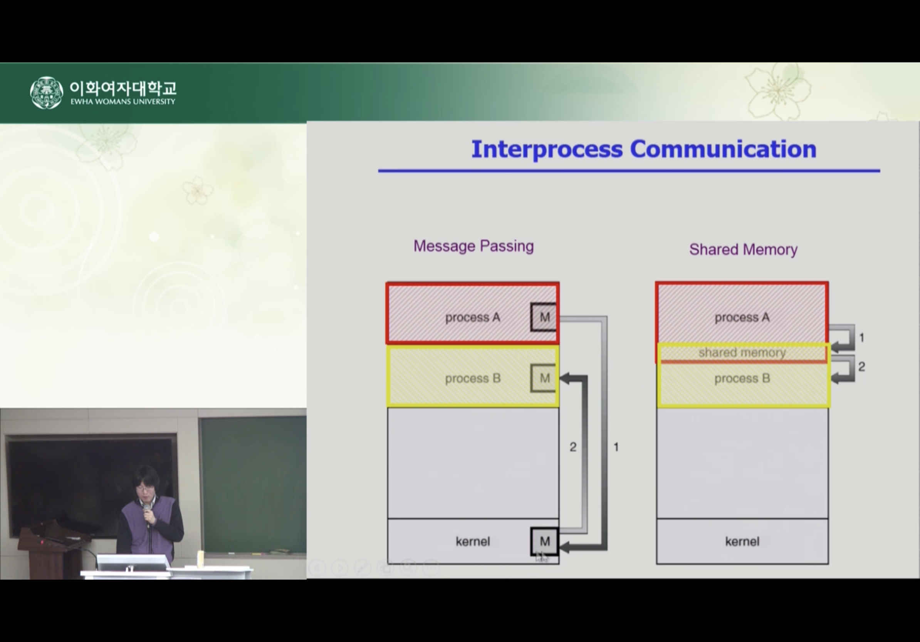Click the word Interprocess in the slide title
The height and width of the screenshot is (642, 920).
[547, 150]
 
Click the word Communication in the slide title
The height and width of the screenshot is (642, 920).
[723, 149]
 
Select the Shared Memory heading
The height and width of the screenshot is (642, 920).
[743, 249]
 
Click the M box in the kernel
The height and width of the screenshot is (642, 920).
[544, 542]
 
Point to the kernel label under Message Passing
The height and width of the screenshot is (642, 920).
[473, 542]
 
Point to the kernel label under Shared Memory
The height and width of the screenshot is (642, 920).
[742, 542]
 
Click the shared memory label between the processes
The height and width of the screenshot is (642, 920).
[742, 353]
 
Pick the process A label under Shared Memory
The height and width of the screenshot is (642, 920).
[742, 318]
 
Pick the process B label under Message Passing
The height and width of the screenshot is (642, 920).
[473, 378]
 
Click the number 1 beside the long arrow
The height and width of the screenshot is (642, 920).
[616, 447]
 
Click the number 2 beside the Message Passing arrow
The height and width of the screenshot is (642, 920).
[573, 447]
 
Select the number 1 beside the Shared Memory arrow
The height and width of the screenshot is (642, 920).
[862, 338]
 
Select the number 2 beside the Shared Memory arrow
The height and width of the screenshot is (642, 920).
[861, 366]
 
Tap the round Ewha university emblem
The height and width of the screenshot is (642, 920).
[47, 92]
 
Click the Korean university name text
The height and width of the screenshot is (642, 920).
[123, 88]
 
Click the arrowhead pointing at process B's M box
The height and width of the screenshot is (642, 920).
[564, 378]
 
